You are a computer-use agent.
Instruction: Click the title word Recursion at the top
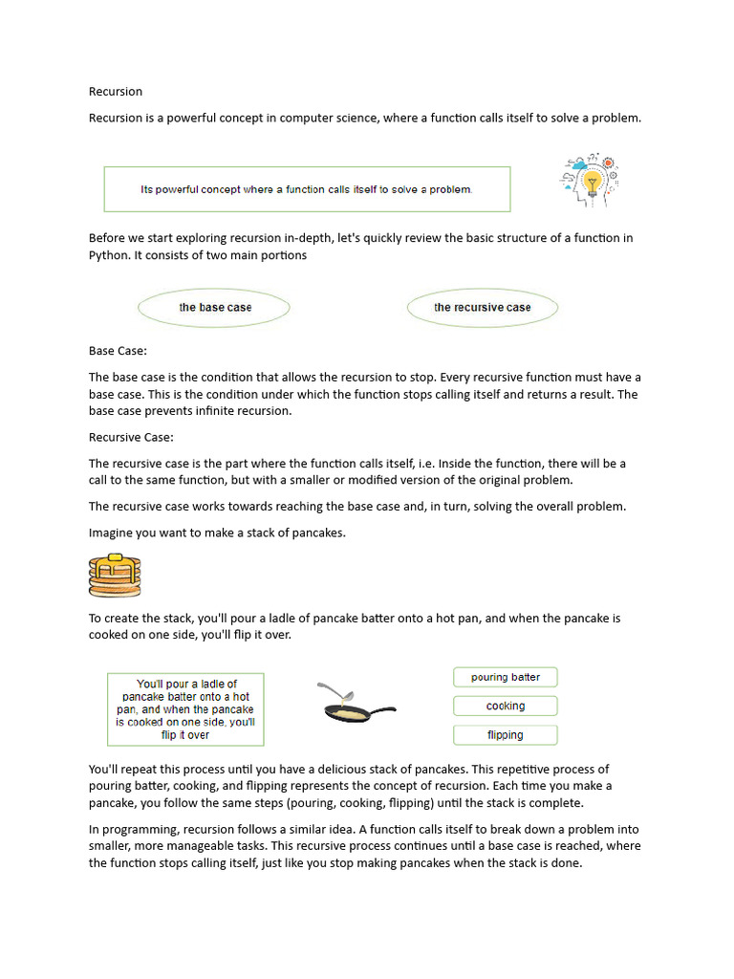tap(116, 92)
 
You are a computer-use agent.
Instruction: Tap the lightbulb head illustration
tap(590, 182)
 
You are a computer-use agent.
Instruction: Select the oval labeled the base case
tap(215, 308)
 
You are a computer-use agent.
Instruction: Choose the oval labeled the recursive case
tap(482, 308)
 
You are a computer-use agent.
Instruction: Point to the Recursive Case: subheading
tap(131, 437)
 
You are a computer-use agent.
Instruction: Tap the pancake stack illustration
tap(114, 576)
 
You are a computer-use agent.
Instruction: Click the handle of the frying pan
tap(382, 710)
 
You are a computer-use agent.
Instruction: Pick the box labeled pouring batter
tap(505, 677)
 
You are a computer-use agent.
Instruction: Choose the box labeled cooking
tap(505, 706)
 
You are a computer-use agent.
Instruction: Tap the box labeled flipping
tap(505, 735)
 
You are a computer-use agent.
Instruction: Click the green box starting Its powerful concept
tap(307, 189)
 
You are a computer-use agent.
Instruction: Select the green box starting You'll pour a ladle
tap(185, 709)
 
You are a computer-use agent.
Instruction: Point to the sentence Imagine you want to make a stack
tap(217, 533)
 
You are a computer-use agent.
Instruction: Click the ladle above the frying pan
tap(334, 689)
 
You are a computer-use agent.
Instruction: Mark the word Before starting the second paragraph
tap(108, 238)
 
